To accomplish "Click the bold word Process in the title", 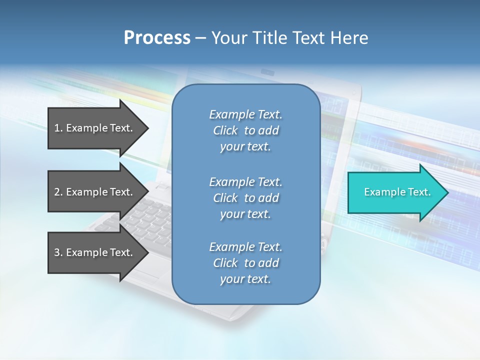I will (x=157, y=38).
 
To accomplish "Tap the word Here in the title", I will (x=349, y=38).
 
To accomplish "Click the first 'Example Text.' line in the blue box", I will (x=245, y=114).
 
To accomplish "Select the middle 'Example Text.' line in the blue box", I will (x=245, y=182).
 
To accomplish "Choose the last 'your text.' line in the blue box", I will (x=245, y=279).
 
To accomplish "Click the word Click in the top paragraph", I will (x=225, y=130).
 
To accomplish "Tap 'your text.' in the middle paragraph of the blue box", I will (x=245, y=214).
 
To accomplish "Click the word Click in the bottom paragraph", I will (x=225, y=263).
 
